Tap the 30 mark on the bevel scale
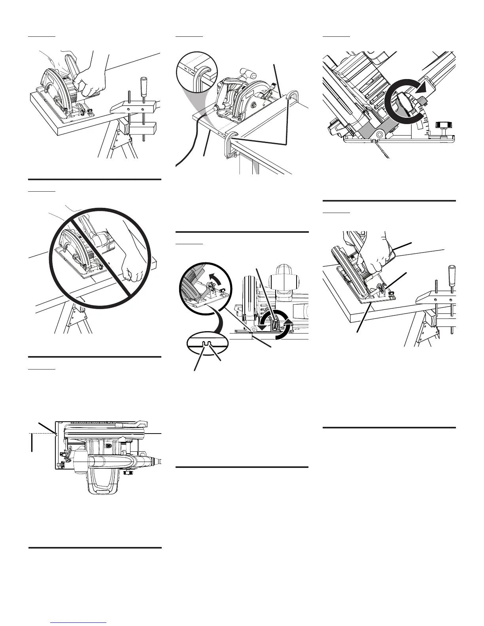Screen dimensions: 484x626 421,108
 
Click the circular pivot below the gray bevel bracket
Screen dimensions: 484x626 379,134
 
